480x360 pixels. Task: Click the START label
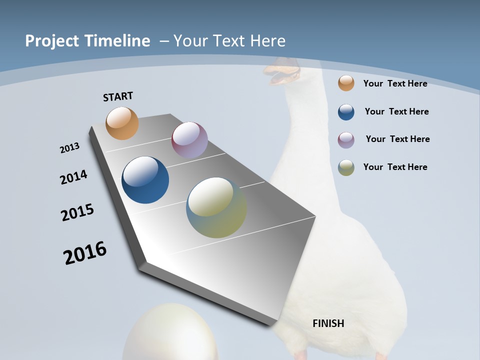click(118, 96)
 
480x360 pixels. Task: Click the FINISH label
click(328, 323)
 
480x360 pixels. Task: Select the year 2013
click(69, 148)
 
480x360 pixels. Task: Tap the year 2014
click(74, 177)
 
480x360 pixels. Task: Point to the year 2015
click(77, 212)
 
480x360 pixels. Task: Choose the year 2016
click(85, 253)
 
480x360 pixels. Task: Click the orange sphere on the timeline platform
click(122, 123)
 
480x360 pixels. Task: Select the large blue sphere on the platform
click(145, 180)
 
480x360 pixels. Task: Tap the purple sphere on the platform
click(189, 140)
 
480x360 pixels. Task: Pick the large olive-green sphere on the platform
click(216, 207)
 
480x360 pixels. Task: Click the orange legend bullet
click(346, 83)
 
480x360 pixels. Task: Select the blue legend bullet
click(346, 112)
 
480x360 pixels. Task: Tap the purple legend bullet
click(346, 140)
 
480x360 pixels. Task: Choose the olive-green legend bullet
click(346, 167)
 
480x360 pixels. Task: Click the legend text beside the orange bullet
click(395, 83)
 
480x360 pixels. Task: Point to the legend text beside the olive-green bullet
click(395, 167)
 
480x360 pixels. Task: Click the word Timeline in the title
click(117, 41)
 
